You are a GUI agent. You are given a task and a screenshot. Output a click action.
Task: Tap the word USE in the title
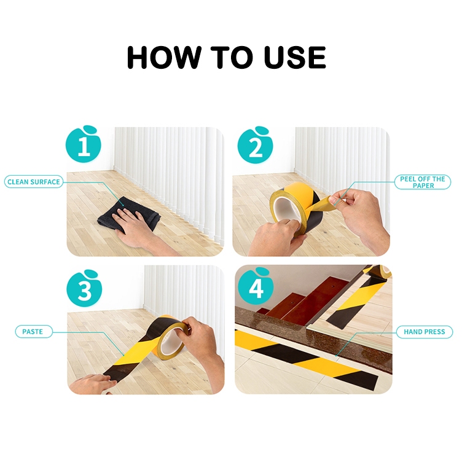pos(295,57)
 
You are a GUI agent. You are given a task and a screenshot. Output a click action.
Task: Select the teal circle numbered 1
pos(84,144)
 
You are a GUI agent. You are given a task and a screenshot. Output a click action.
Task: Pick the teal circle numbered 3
pos(85,289)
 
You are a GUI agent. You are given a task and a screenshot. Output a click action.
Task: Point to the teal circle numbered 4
pos(256,286)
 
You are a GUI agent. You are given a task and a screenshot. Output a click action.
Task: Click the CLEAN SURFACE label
pos(34,182)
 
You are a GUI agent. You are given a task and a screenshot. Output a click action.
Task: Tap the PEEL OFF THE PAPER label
pos(423,182)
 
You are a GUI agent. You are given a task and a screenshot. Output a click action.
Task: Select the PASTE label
pos(34,332)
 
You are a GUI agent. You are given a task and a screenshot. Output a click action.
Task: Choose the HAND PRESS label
pos(425,332)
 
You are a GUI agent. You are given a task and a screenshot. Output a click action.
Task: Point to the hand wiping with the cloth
pos(141,230)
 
